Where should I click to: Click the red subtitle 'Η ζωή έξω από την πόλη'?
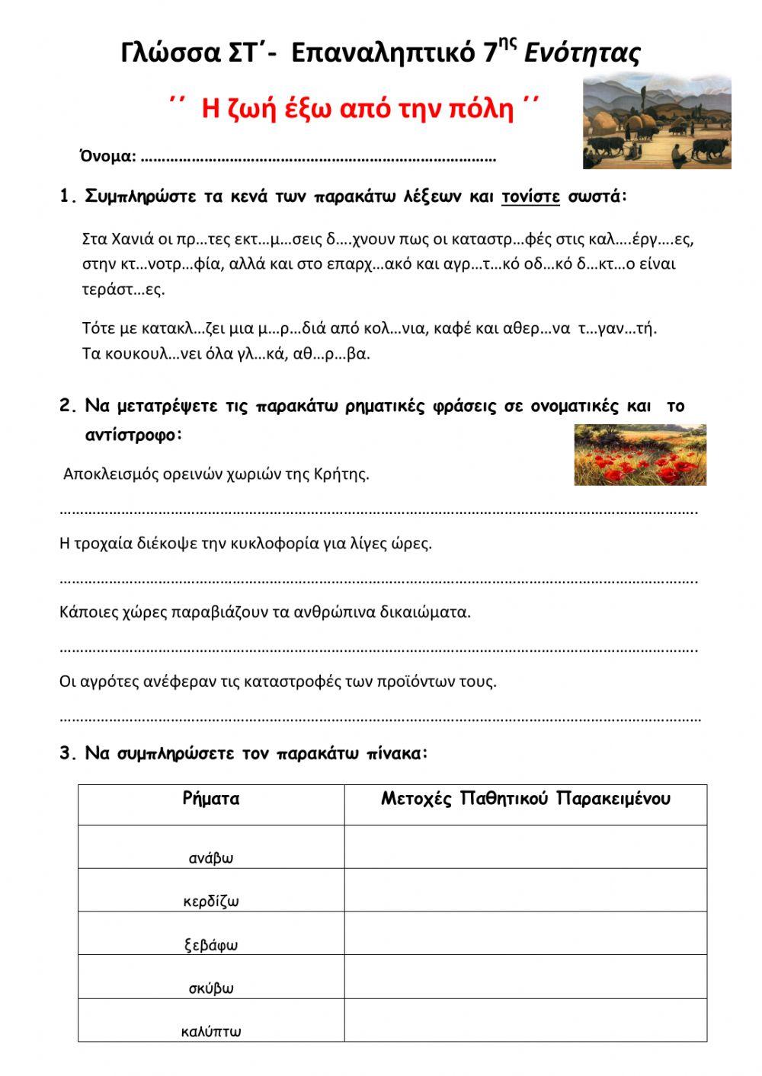(x=357, y=109)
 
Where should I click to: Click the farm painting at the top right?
(x=656, y=121)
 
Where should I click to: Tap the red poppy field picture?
(x=640, y=455)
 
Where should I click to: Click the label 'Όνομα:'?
(x=108, y=157)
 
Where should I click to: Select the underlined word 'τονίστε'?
(x=530, y=196)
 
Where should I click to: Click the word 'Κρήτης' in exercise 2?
(x=341, y=474)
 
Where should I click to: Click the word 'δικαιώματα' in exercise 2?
(x=431, y=611)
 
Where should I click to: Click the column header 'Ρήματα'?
(x=211, y=799)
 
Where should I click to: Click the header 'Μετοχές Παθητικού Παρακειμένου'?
(x=525, y=799)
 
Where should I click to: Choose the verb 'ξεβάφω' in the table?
(x=211, y=945)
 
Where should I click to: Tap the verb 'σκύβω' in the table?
(x=211, y=988)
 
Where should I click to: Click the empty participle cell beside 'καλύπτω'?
(x=525, y=1020)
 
